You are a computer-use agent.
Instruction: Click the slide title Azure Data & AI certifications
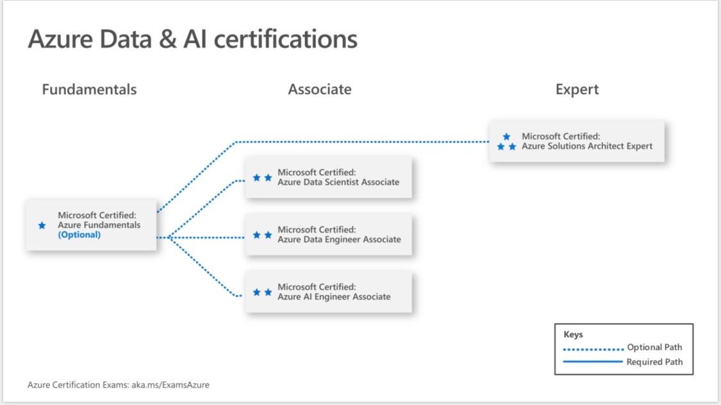192,39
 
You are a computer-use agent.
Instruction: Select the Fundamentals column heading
89,90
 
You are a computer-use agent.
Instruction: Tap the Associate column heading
319,90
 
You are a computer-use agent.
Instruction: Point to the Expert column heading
577,90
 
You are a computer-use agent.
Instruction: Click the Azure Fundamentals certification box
91,225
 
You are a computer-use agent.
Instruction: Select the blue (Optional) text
79,235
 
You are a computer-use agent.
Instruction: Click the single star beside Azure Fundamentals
42,225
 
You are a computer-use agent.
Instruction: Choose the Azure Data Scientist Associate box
328,177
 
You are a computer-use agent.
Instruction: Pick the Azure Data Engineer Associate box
328,235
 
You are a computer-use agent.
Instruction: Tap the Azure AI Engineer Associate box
328,292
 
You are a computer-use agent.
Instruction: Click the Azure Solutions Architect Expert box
577,141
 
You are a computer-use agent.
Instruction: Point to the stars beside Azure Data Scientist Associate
262,178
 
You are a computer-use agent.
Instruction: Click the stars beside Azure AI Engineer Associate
262,292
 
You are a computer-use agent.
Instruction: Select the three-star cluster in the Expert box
506,142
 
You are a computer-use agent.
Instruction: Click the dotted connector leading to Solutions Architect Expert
359,141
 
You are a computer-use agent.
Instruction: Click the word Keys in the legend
573,335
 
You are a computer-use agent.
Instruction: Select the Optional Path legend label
654,347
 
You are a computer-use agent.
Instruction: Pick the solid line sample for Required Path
593,362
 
